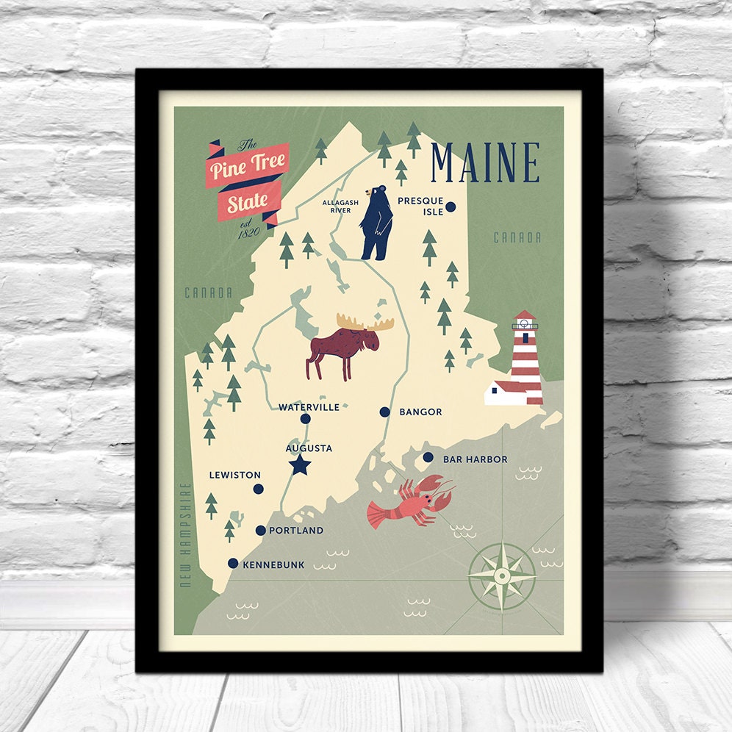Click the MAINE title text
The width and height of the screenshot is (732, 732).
tap(485, 162)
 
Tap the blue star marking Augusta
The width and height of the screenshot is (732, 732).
tap(299, 464)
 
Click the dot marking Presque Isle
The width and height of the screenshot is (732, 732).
tap(451, 207)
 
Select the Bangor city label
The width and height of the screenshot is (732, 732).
tap(420, 412)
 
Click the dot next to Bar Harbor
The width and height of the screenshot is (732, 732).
tap(428, 457)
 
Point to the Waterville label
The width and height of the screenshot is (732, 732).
tap(309, 406)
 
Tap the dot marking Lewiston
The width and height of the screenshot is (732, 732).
tap(258, 489)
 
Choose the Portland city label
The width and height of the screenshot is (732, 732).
tap(295, 531)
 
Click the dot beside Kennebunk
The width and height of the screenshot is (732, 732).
tap(233, 564)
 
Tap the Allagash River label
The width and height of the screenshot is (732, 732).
tap(340, 206)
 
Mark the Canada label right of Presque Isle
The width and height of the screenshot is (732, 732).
tap(517, 237)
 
